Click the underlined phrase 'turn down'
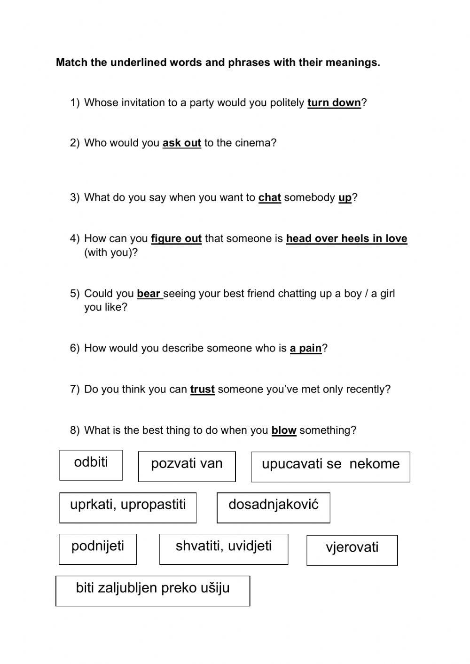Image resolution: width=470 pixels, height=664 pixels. (x=334, y=103)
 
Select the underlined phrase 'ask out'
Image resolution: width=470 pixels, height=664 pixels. (x=181, y=143)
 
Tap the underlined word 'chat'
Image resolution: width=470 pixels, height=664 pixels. (x=269, y=198)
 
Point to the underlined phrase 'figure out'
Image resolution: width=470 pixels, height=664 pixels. (x=176, y=239)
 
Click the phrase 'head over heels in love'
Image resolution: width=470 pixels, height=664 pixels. (x=346, y=239)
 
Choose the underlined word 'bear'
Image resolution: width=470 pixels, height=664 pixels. (x=149, y=294)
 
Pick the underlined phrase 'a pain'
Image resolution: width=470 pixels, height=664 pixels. (x=305, y=348)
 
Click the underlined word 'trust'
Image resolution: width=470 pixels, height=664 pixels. (x=202, y=390)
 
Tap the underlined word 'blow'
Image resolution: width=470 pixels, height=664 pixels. (x=283, y=430)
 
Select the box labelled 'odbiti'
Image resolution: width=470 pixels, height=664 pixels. (x=91, y=465)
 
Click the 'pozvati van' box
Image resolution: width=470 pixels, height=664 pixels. (x=187, y=466)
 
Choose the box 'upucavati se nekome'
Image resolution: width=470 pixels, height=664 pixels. (x=330, y=467)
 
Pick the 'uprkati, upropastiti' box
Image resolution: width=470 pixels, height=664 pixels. (x=128, y=507)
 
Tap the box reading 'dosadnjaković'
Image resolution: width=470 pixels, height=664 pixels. (x=273, y=507)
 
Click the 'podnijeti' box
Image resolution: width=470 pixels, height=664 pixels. (x=98, y=548)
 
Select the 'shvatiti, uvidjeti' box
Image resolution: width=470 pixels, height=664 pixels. (x=224, y=548)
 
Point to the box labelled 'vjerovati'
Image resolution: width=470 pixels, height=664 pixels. (x=352, y=550)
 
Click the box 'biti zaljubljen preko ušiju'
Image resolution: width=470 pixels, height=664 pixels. (x=153, y=590)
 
